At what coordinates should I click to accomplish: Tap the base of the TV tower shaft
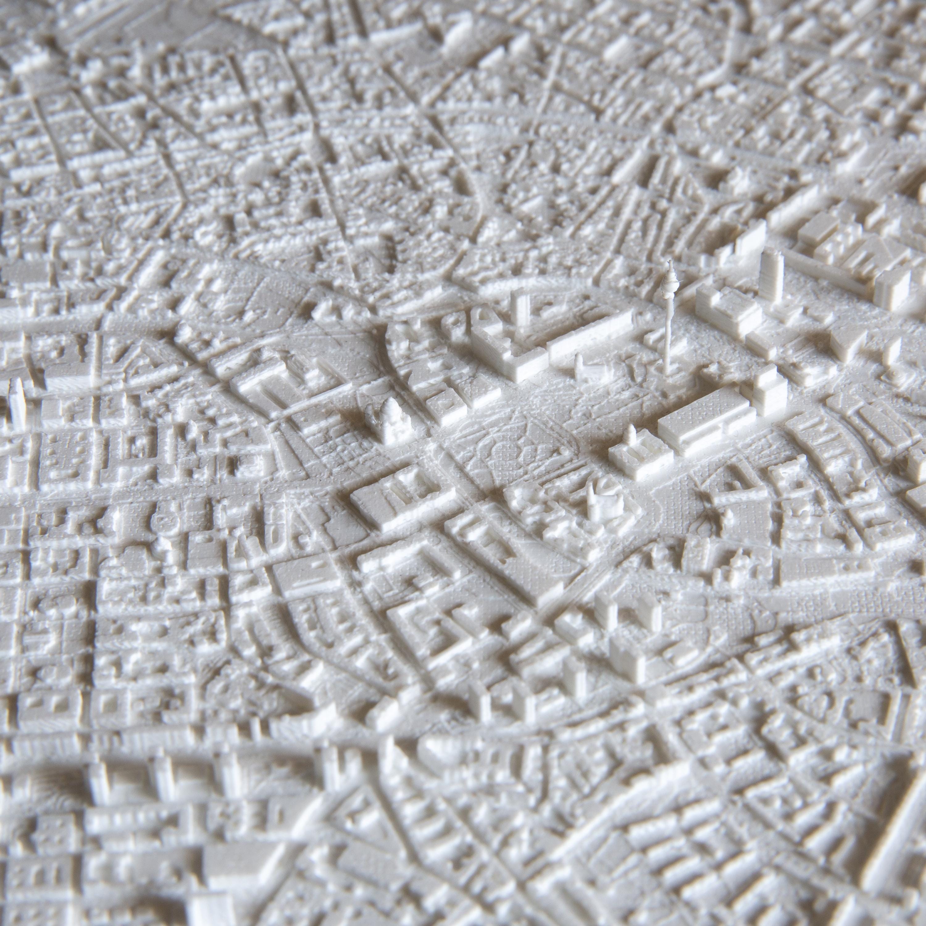(667, 371)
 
